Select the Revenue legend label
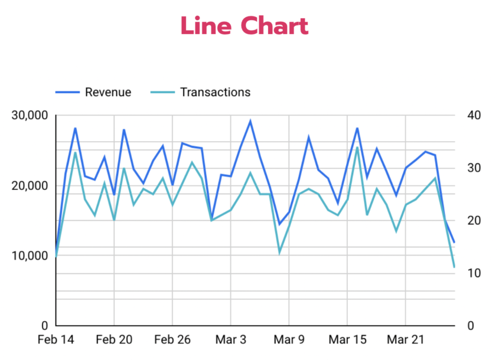108,92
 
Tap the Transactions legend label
215,92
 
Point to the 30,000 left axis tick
30,115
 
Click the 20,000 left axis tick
30,185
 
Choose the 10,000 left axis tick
30,256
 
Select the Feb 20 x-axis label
113,340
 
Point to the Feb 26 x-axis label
172,340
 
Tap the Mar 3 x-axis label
230,340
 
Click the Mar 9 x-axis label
289,340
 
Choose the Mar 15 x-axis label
347,340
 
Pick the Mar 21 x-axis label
406,340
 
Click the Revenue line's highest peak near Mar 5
250,122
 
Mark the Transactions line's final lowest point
454,267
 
